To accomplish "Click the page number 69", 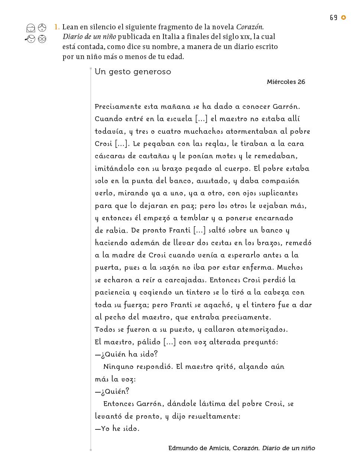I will click(333, 18).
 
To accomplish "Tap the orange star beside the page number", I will click(344, 17).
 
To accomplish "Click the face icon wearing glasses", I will click(42, 39).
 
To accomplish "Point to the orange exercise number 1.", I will click(56, 27).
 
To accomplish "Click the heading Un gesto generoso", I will click(133, 72).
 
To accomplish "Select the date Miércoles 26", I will click(286, 82).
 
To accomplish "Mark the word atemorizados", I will click(262, 329).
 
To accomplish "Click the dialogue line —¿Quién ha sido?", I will click(126, 354).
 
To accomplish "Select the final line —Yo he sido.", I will click(117, 429).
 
